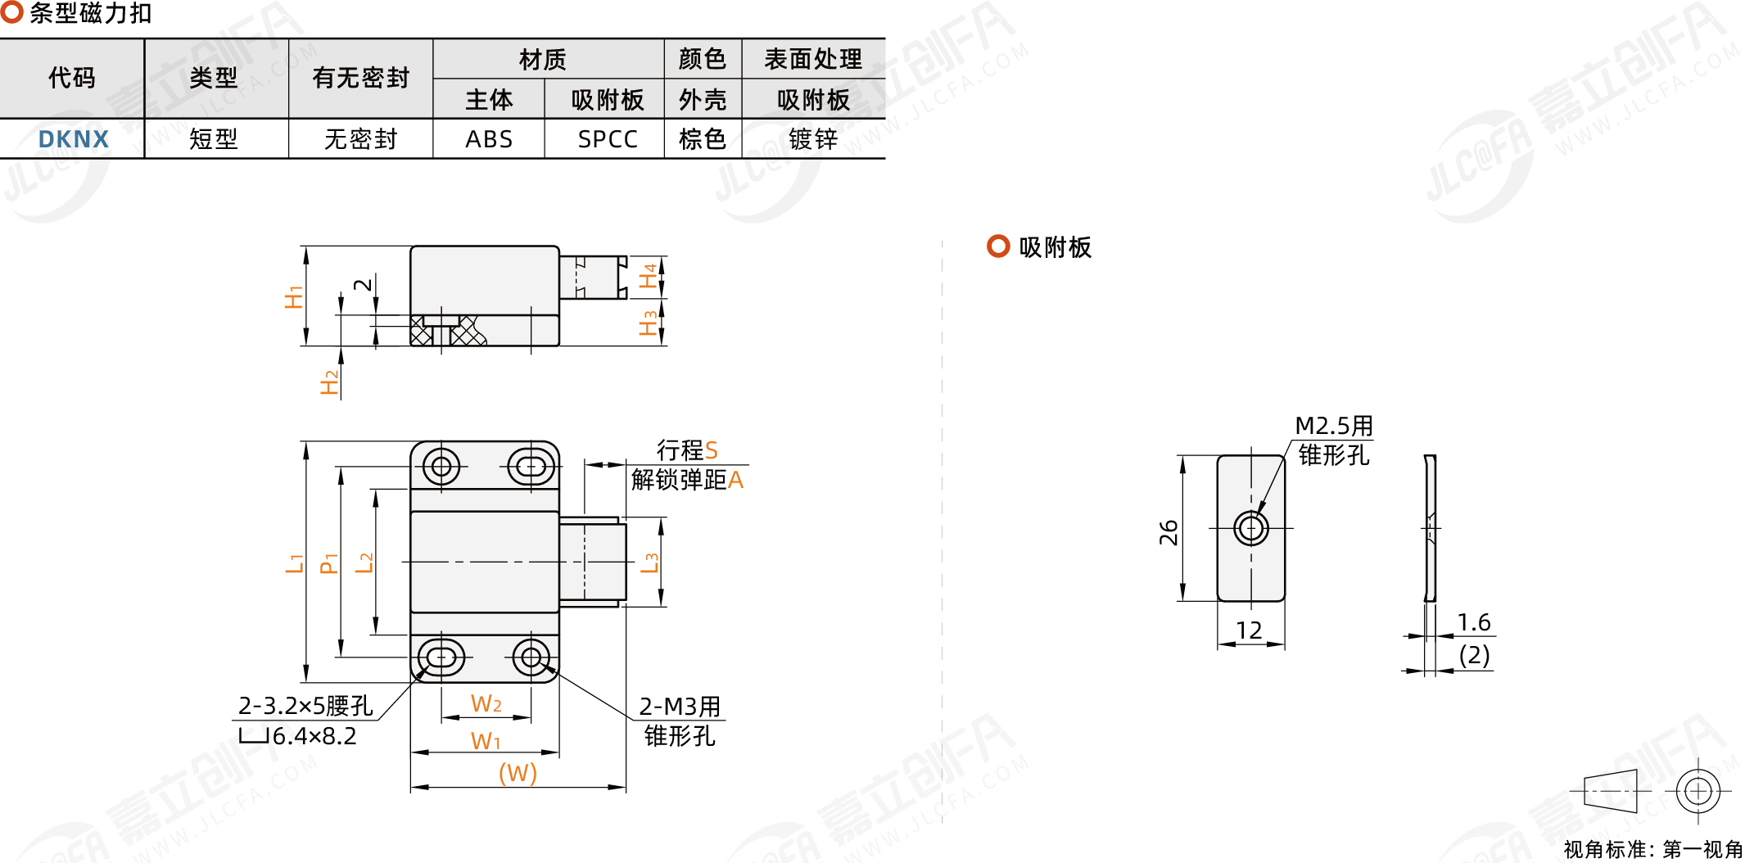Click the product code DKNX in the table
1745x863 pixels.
[x=74, y=139]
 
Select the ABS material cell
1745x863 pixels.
[x=489, y=139]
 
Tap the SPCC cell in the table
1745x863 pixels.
[x=607, y=139]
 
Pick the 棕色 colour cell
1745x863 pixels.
[x=702, y=139]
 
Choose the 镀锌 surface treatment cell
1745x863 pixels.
[x=813, y=139]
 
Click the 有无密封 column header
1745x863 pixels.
[x=360, y=79]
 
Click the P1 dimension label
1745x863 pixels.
[x=329, y=563]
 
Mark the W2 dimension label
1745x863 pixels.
[x=486, y=704]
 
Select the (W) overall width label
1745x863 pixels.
[x=518, y=773]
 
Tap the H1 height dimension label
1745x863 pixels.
[x=293, y=296]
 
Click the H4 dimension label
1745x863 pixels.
[x=649, y=276]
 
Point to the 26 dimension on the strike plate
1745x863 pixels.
[x=1169, y=532]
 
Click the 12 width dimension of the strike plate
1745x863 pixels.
[x=1249, y=630]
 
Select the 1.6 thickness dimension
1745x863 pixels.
[x=1474, y=622]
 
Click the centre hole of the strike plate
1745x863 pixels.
[x=1251, y=528]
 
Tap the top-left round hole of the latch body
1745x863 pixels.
[x=441, y=467]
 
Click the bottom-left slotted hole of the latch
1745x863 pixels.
[x=441, y=657]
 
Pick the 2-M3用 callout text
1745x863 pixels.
[x=680, y=706]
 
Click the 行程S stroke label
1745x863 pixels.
[x=687, y=450]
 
